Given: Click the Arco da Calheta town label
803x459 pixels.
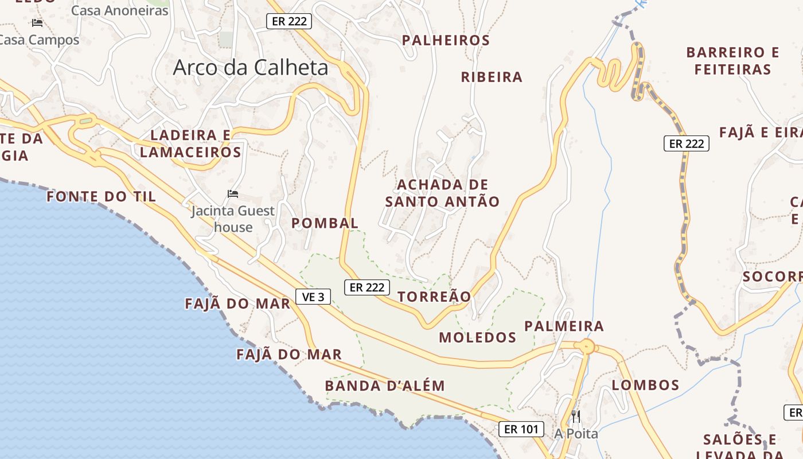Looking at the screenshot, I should (x=251, y=68).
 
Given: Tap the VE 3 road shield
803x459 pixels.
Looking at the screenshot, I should (x=313, y=297).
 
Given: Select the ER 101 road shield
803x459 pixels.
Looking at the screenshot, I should (x=521, y=429).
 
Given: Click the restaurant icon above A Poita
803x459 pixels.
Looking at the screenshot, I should (x=576, y=417).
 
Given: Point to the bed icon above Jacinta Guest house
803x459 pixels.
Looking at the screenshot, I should (x=233, y=194).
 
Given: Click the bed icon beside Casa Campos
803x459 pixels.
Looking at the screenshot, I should (x=37, y=23).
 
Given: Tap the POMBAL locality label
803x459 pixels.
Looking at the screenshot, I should (x=325, y=223).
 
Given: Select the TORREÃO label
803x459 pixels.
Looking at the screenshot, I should (x=434, y=297).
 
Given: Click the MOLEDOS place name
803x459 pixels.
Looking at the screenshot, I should (x=478, y=337).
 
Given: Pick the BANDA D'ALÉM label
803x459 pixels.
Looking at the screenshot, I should (x=385, y=386).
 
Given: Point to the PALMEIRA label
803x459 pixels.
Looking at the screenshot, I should (x=564, y=326).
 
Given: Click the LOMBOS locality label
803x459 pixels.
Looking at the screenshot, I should (x=645, y=385).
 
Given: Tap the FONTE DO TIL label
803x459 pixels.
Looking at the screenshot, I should (x=101, y=196).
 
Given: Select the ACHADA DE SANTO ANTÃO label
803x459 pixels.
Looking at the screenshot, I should (x=442, y=193).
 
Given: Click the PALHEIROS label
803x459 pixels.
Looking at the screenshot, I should (x=446, y=40).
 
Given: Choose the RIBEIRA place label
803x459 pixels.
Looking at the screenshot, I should (x=492, y=77).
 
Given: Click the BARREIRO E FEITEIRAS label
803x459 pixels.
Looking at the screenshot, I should (x=732, y=61).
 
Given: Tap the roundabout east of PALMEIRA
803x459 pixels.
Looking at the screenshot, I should (x=586, y=347).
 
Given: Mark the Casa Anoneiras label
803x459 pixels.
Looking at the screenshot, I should (x=120, y=10).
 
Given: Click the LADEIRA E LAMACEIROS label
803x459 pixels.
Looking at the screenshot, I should (x=190, y=143).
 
